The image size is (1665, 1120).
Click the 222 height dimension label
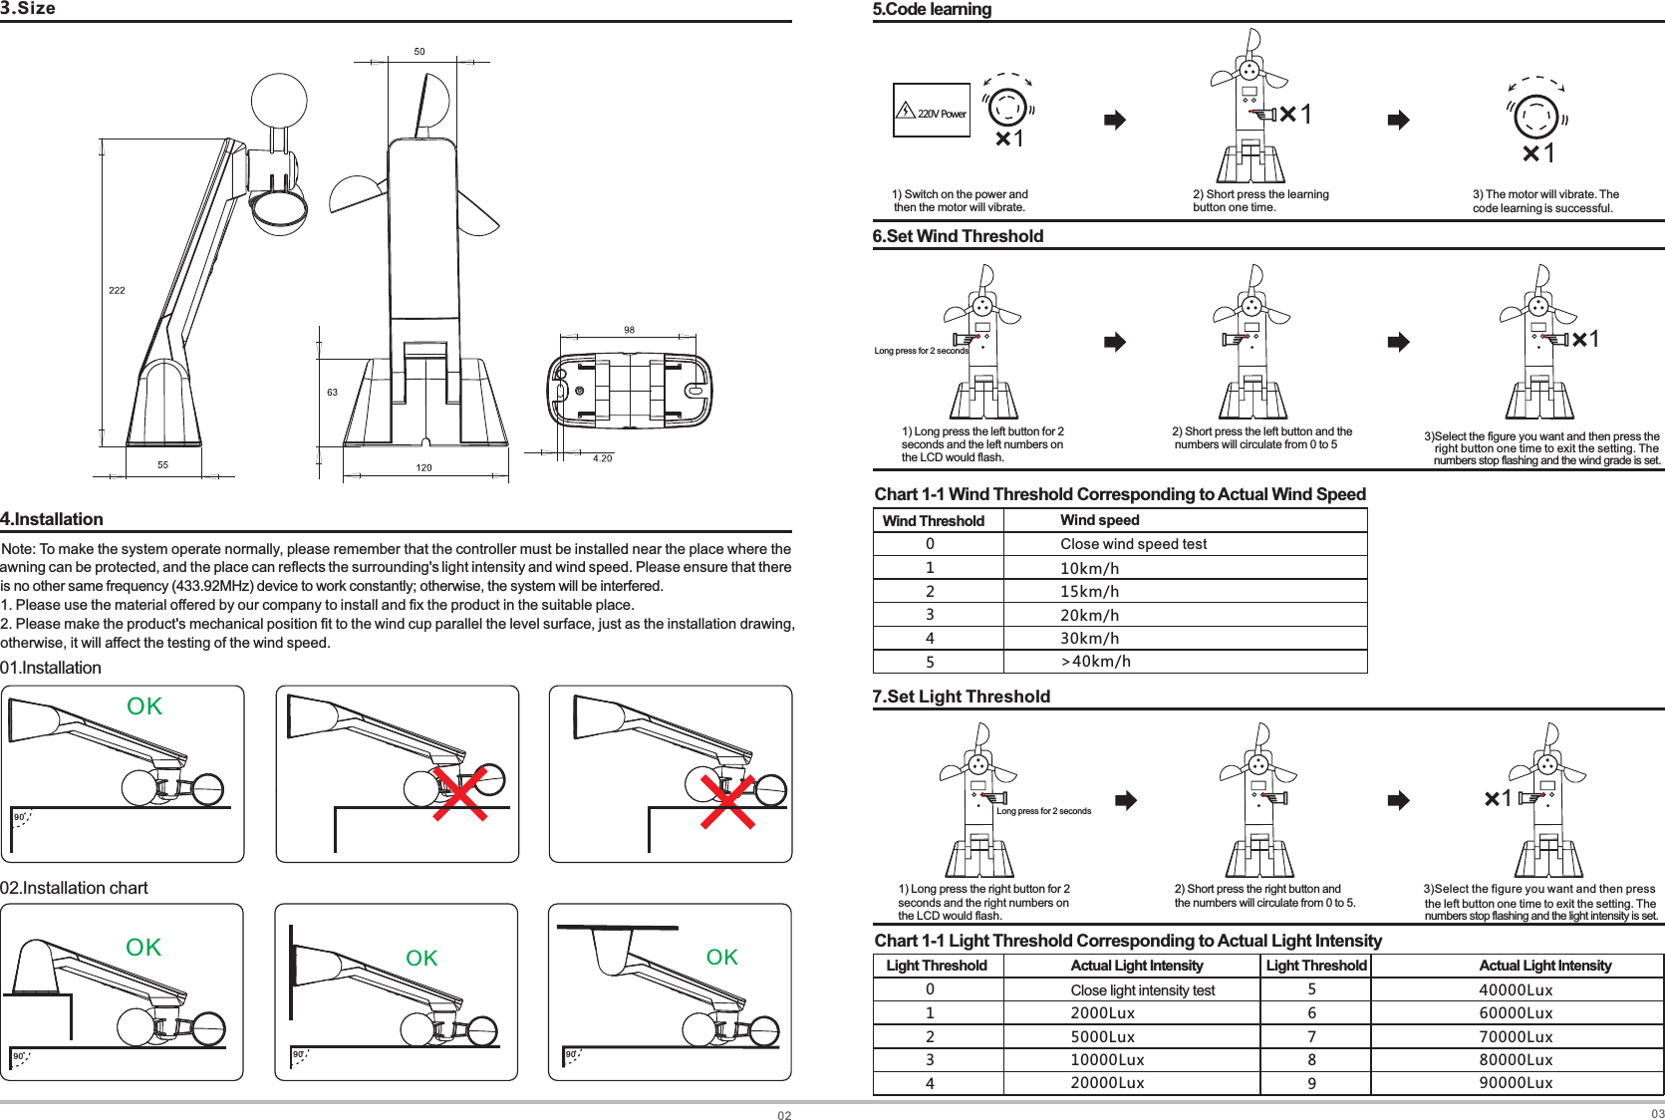coord(117,290)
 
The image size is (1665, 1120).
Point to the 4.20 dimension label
coord(602,458)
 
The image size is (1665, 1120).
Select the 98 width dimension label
coord(629,330)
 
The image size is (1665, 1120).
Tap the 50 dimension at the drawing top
coord(419,52)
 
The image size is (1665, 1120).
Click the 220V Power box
coord(932,111)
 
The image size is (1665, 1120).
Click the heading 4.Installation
coord(52,519)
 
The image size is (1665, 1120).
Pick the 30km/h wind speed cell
coord(1089,639)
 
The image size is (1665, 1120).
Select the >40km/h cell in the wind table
coord(1095,662)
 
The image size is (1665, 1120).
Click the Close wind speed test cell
coord(1133,544)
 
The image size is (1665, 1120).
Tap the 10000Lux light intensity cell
coord(1107,1060)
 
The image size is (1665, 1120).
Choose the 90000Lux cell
coord(1516,1083)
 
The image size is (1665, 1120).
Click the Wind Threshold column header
coord(934,521)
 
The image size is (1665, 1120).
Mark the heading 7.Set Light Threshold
coord(961,697)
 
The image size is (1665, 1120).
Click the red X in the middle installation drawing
coord(459,794)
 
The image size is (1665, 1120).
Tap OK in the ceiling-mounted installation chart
coord(722,958)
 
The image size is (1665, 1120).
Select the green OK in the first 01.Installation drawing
coord(144,706)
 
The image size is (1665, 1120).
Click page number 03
coord(1657,1114)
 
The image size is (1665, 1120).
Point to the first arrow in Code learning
coord(1115,121)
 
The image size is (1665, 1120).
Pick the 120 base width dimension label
coord(423,467)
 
